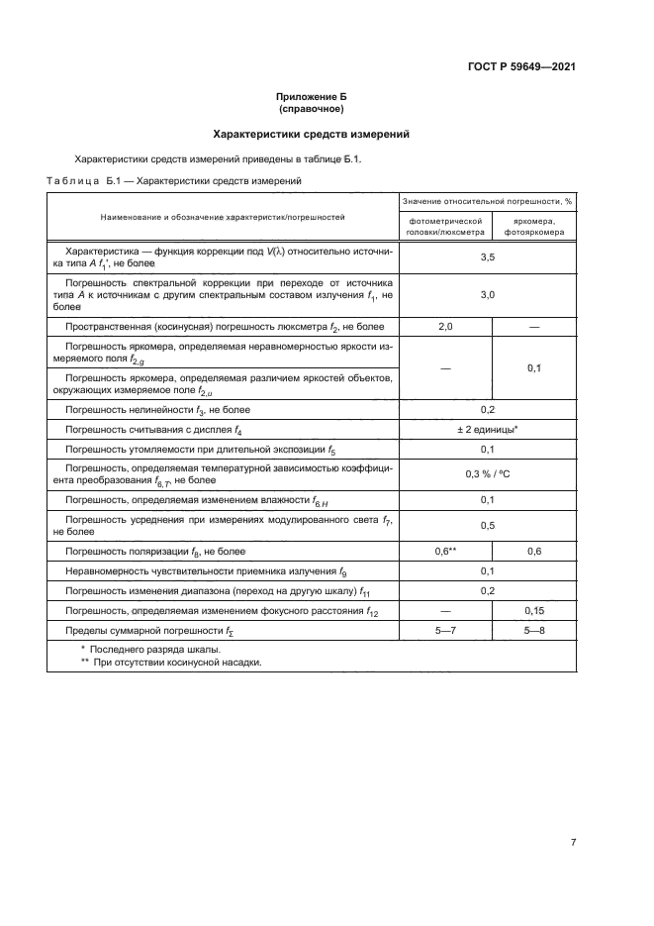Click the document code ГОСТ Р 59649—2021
[521, 67]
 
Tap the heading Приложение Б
[312, 97]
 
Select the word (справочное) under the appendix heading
[312, 109]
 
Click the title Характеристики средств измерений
[312, 134]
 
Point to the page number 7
[573, 843]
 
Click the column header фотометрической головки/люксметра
[444, 227]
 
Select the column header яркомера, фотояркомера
[534, 227]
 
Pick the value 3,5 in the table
[487, 257]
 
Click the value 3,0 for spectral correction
[487, 294]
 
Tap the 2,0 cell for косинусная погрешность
[444, 326]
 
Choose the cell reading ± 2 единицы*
[487, 431]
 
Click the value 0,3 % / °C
[487, 474]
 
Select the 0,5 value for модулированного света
[487, 525]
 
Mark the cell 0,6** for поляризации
[444, 551]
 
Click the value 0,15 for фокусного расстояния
[534, 611]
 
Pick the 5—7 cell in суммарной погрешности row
[444, 631]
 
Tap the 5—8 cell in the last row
[534, 631]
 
